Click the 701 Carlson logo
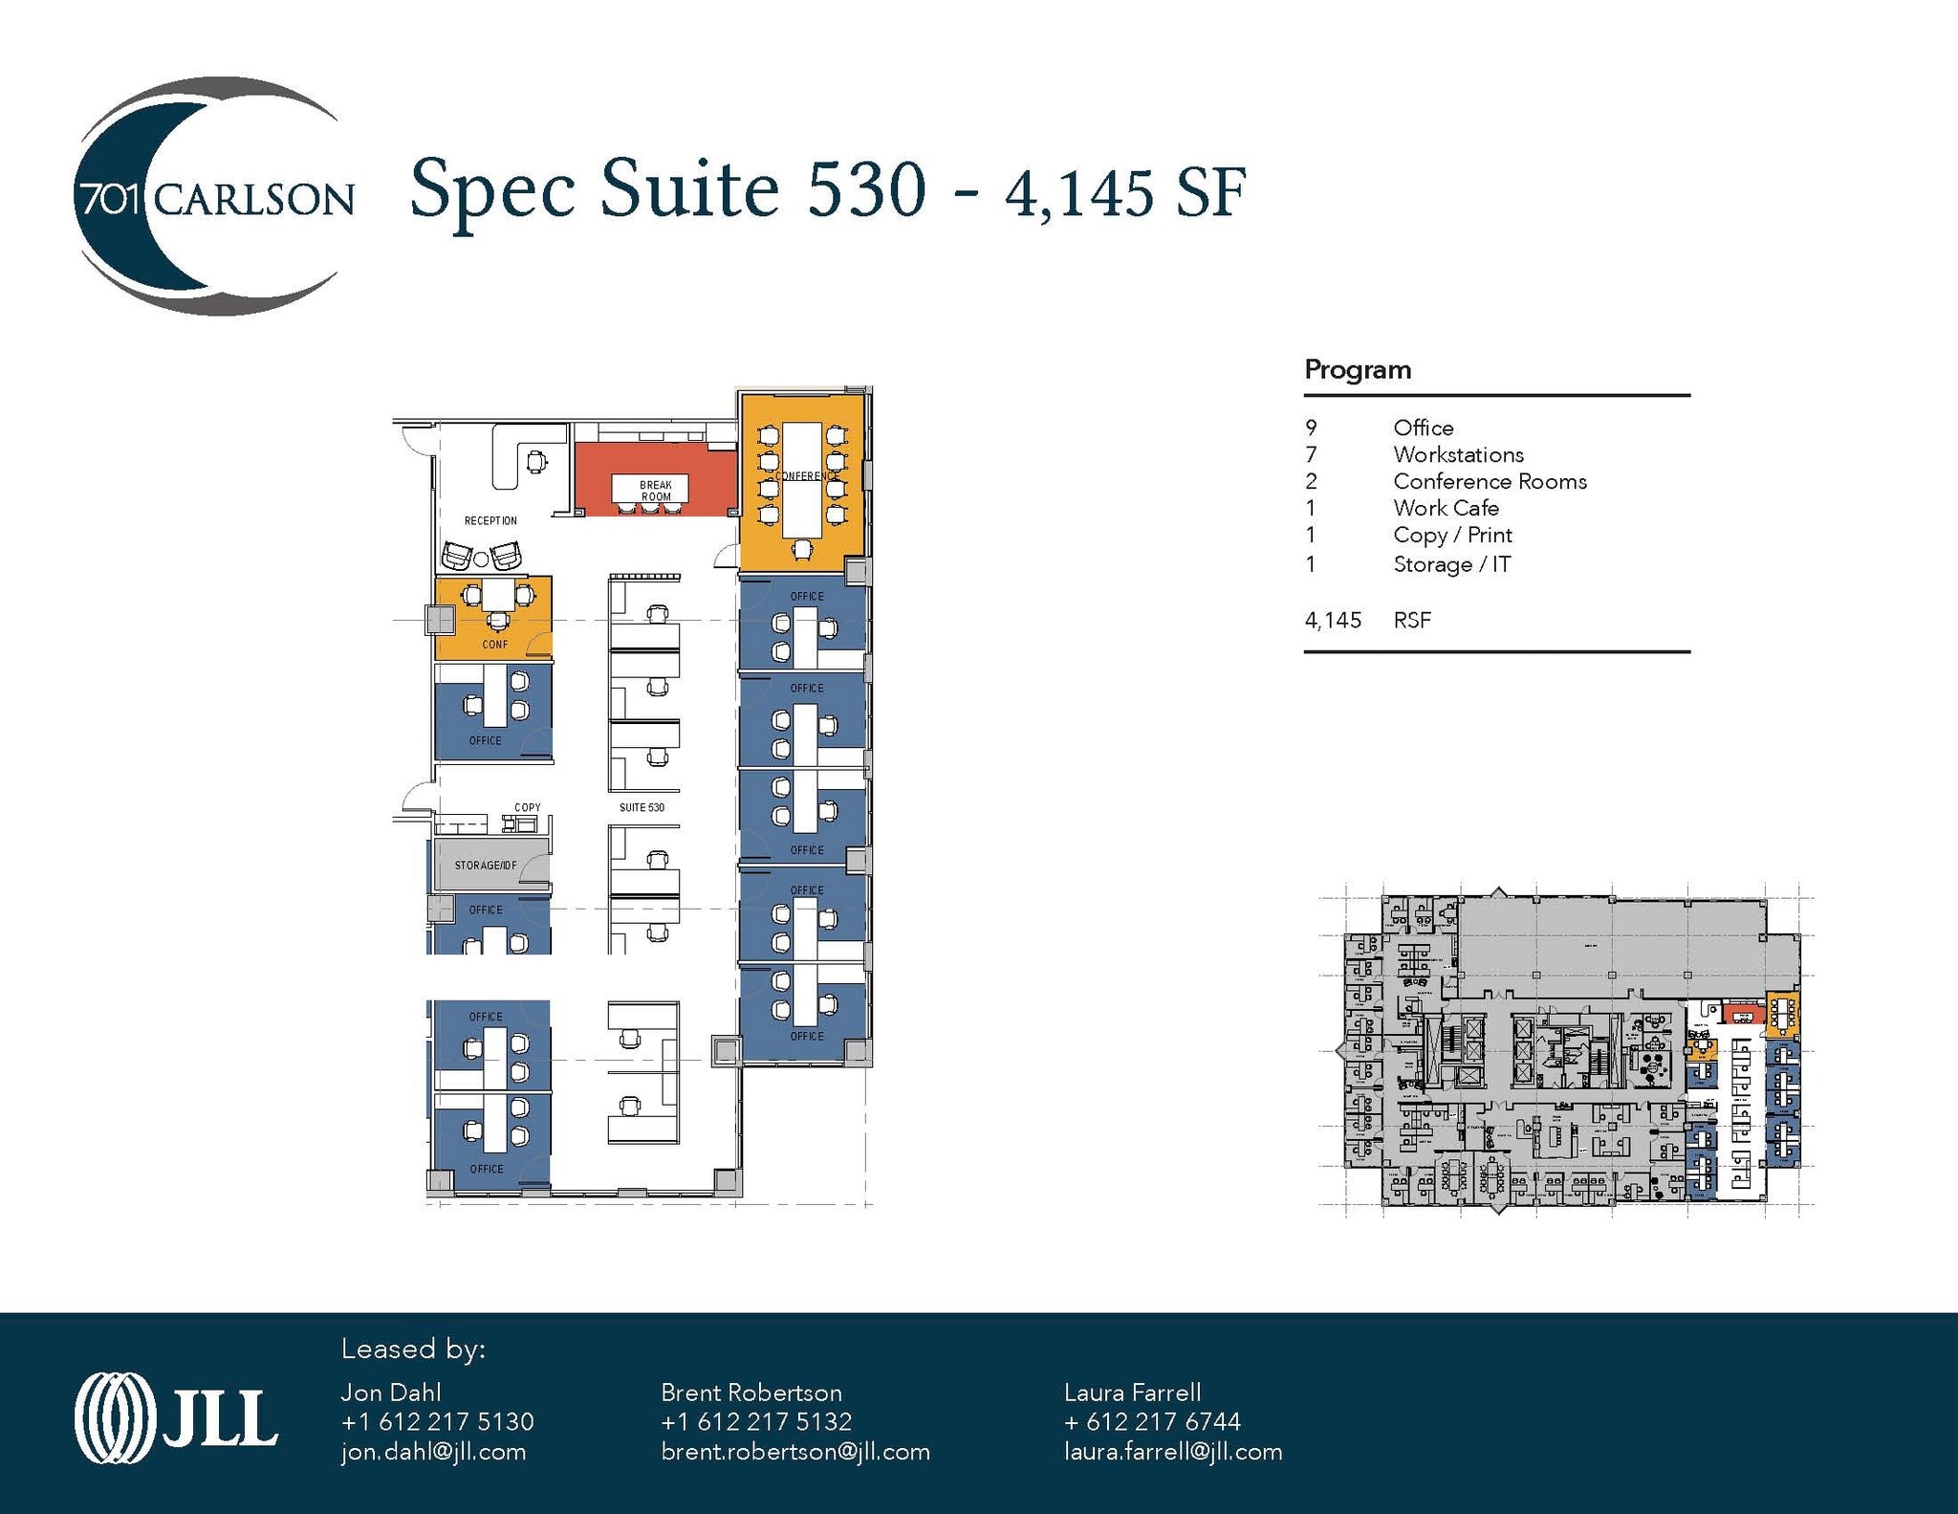(x=212, y=198)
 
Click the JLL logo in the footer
(x=176, y=1418)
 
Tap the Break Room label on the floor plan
(x=656, y=491)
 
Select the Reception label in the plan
(x=490, y=521)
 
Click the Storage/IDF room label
(x=486, y=866)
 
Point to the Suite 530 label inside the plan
(x=642, y=807)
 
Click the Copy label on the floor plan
(x=527, y=807)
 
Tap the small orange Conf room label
(x=495, y=645)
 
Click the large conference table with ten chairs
(x=802, y=478)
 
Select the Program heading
(x=1358, y=370)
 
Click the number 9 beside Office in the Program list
(x=1311, y=428)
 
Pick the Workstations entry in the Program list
(x=1458, y=455)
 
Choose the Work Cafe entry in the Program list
(x=1446, y=509)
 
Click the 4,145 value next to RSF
(x=1333, y=621)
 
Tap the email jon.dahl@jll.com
(x=433, y=1452)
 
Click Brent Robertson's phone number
(x=756, y=1422)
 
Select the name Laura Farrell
(x=1132, y=1393)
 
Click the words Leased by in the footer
(x=413, y=1349)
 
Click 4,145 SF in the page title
(x=1125, y=192)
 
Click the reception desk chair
(x=536, y=462)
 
